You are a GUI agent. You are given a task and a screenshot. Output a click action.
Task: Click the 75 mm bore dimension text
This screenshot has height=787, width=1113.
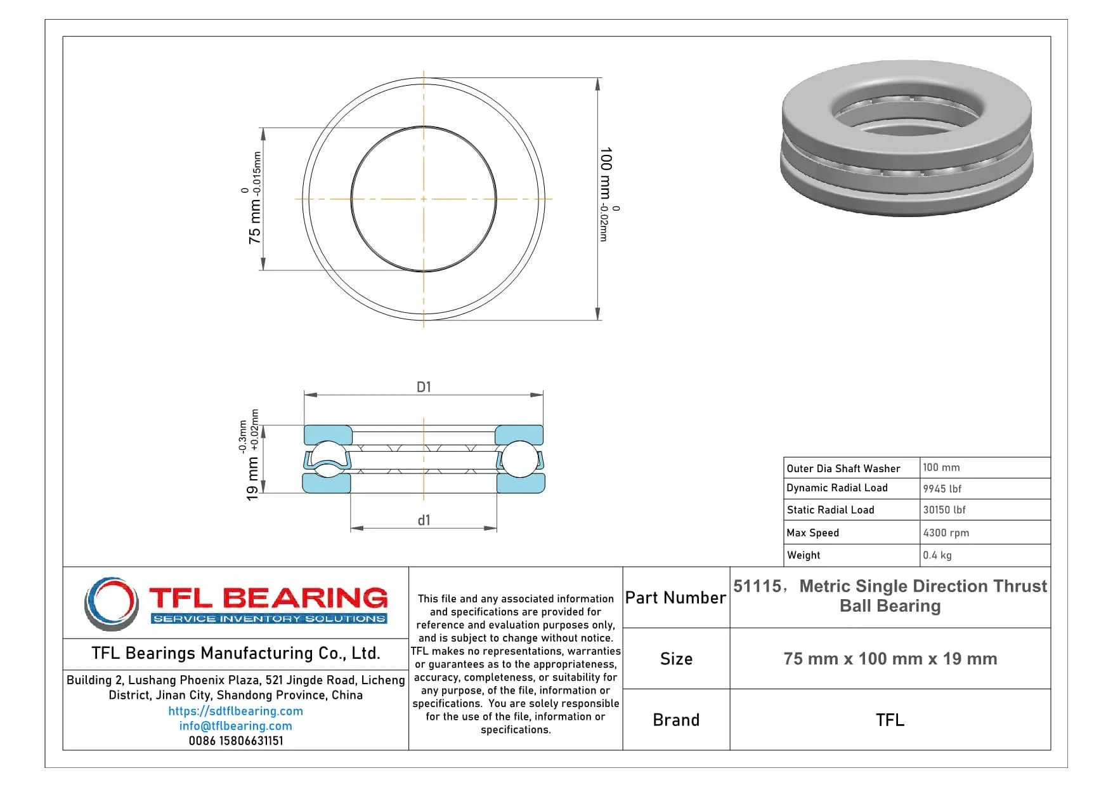254,220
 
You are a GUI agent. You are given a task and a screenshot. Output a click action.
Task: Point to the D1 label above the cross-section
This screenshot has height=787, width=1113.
424,387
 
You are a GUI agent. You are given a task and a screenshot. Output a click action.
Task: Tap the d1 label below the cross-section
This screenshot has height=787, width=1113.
424,520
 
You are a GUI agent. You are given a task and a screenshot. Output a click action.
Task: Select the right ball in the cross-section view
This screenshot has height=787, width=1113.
519,458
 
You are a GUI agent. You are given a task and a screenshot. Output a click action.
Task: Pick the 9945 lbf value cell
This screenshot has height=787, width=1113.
942,489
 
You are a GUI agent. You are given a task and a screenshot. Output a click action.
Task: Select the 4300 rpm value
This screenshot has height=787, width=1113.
946,533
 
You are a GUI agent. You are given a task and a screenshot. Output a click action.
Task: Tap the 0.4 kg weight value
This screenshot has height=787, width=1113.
937,555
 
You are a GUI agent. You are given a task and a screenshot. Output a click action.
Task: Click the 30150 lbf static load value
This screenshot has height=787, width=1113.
944,510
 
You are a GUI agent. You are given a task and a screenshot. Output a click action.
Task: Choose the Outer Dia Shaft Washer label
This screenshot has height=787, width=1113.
843,468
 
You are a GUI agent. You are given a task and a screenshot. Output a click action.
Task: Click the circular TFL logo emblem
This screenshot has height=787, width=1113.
112,603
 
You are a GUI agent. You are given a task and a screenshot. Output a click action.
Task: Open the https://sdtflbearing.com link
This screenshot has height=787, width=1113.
235,711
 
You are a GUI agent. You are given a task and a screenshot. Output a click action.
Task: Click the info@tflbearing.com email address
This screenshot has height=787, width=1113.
235,726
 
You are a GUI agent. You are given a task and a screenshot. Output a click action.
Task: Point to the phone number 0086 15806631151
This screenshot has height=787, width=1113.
235,741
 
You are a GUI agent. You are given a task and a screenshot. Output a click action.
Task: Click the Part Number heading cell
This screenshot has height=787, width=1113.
675,598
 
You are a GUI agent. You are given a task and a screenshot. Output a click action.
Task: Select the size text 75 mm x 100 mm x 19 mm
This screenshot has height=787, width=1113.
890,659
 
